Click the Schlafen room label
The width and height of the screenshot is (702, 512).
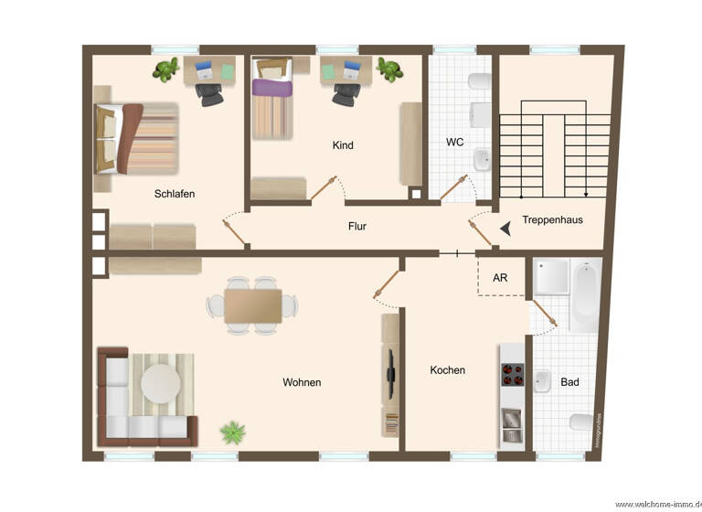(174, 194)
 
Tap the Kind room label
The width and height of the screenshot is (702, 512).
(343, 145)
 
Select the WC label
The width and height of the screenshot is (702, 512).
(455, 143)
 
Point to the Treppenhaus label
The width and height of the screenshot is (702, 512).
(552, 220)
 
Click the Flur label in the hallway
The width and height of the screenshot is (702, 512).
(356, 226)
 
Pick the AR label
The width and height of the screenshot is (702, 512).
(500, 277)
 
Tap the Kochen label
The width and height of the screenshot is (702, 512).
(448, 370)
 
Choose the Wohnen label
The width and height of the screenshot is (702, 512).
(302, 382)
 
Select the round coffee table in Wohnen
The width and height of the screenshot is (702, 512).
(161, 383)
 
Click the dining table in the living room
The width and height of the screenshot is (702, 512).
(253, 304)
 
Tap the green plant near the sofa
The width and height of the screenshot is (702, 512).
(232, 431)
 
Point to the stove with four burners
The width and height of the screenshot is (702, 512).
(511, 375)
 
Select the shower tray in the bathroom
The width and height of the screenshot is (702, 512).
(551, 276)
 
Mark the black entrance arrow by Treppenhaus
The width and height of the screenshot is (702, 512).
(505, 230)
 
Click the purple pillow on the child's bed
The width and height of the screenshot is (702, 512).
(271, 88)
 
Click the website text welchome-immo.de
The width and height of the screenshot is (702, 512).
(658, 504)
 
